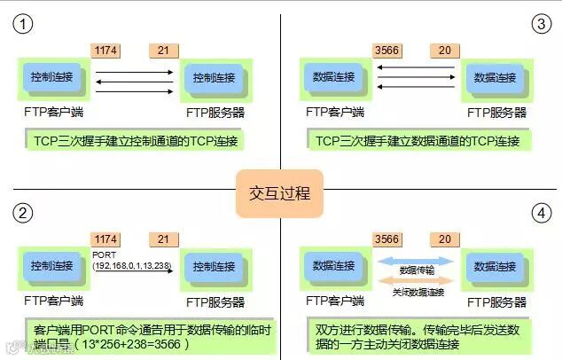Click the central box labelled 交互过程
pyautogui.click(x=279, y=192)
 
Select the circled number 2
pyautogui.click(x=23, y=213)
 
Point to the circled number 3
pyautogui.click(x=540, y=24)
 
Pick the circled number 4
pyautogui.click(x=540, y=214)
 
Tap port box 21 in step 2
pyautogui.click(x=163, y=240)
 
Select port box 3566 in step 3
pyautogui.click(x=387, y=51)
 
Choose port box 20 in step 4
pyautogui.click(x=444, y=240)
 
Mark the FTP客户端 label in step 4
pyautogui.click(x=335, y=301)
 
